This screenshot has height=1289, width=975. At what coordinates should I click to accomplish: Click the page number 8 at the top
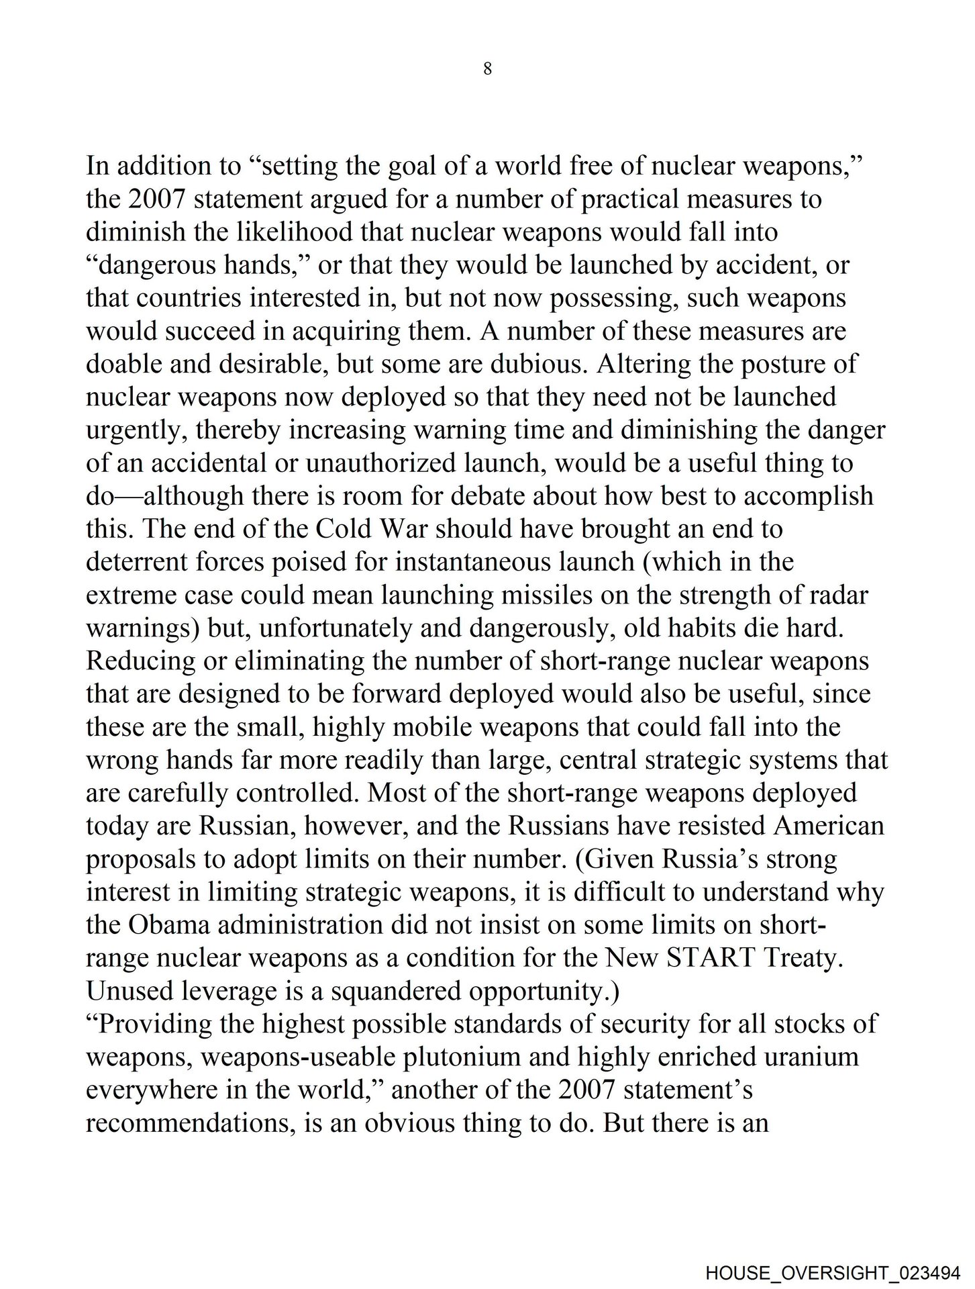487,68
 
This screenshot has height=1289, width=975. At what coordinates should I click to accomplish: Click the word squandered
399,990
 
